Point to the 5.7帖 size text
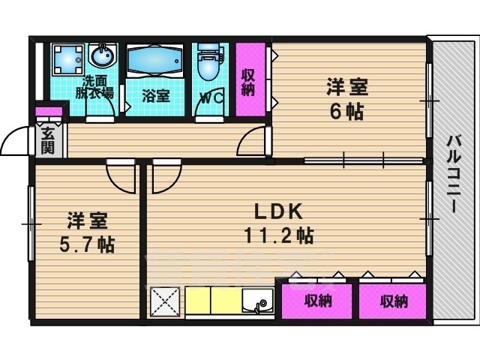(88, 244)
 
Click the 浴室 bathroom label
(156, 96)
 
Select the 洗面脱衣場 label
(98, 87)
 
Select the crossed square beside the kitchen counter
(166, 303)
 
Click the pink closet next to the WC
(250, 80)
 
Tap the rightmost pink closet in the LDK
(392, 301)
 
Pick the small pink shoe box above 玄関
(49, 113)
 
